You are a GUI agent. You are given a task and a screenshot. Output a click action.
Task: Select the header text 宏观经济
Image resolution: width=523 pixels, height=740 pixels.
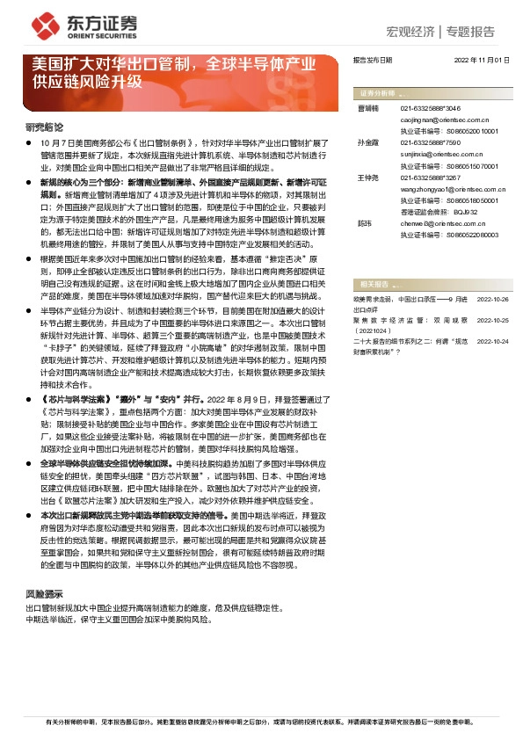tap(410, 32)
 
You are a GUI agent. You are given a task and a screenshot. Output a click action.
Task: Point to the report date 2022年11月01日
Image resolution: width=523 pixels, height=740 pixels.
tap(481, 61)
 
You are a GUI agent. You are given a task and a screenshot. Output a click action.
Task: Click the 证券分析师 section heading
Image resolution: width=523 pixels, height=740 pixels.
tap(375, 92)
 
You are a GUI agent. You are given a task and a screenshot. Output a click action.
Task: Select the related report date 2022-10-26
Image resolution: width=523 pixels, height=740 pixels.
tap(493, 300)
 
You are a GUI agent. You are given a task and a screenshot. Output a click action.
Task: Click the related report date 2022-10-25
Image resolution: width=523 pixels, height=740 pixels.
tap(493, 320)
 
